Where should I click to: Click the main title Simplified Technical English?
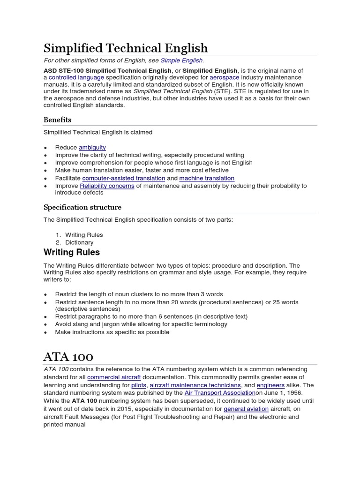[125, 48]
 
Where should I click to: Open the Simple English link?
[181, 60]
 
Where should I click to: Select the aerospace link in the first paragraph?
[224, 77]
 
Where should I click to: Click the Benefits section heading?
[57, 120]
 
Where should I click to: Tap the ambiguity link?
[92, 147]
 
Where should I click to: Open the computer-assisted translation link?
[124, 178]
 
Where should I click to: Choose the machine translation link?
[207, 178]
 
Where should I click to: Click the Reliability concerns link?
[107, 186]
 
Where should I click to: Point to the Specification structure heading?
[82, 207]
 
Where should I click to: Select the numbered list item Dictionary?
[79, 242]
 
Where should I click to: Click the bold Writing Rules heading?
[72, 253]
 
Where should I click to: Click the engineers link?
[270, 385]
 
